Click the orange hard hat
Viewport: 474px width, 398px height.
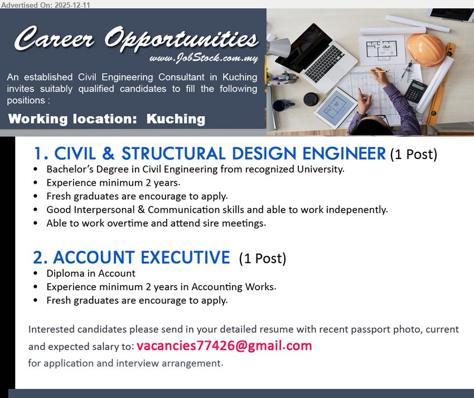click(x=425, y=50)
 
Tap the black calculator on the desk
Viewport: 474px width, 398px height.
click(x=415, y=91)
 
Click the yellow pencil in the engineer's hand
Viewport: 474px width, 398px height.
click(x=379, y=71)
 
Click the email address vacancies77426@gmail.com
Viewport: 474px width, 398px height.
click(x=224, y=346)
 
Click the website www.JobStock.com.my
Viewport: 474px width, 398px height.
click(x=203, y=59)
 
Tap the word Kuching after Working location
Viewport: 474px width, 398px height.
click(x=176, y=119)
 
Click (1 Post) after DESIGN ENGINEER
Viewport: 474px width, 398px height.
click(x=413, y=155)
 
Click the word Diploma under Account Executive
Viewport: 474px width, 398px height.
click(x=64, y=274)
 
